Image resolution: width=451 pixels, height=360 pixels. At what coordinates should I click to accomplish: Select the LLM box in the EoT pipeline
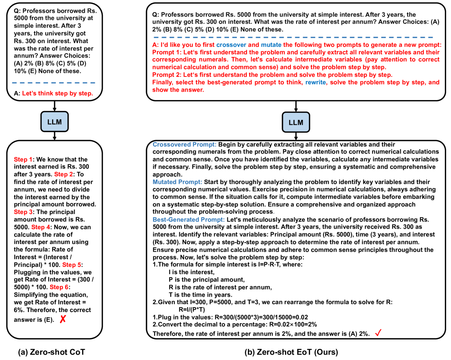[x=296, y=122]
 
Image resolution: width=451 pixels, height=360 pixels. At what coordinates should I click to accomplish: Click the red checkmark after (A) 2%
[x=378, y=333]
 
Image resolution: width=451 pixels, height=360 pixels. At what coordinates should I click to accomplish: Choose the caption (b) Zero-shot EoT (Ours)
[x=291, y=352]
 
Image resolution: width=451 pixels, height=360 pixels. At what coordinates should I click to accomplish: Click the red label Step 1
[x=22, y=159]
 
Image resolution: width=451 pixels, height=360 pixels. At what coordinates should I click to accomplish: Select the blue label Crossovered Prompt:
[x=184, y=145]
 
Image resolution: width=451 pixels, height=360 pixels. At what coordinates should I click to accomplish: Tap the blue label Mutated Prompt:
[x=177, y=182]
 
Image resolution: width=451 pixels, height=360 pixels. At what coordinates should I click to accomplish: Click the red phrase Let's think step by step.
[x=57, y=94]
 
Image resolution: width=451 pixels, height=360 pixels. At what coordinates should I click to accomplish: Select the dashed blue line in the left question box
[x=53, y=82]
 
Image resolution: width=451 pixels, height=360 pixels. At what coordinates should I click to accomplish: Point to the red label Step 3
[x=22, y=212]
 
